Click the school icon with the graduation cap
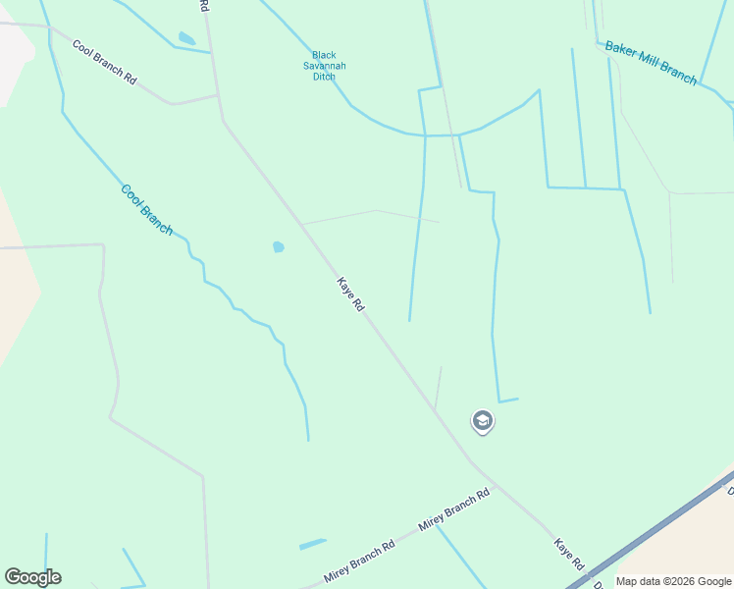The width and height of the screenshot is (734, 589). (x=482, y=421)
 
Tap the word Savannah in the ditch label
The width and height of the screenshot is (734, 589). (x=324, y=66)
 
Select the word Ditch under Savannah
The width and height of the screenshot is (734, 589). (x=324, y=77)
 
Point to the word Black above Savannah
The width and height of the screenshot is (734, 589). (x=324, y=55)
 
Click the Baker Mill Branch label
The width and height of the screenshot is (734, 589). (x=651, y=62)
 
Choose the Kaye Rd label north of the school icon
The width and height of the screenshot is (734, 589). (x=350, y=294)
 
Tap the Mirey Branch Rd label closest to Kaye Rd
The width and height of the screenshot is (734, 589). (x=454, y=510)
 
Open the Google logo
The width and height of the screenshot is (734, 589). (x=32, y=577)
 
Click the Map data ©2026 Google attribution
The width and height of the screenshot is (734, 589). (x=673, y=581)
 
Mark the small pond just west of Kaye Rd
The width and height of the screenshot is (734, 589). (x=278, y=247)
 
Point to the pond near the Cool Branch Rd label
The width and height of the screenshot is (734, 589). (x=186, y=39)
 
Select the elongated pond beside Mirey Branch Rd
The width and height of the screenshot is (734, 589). (x=312, y=544)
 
